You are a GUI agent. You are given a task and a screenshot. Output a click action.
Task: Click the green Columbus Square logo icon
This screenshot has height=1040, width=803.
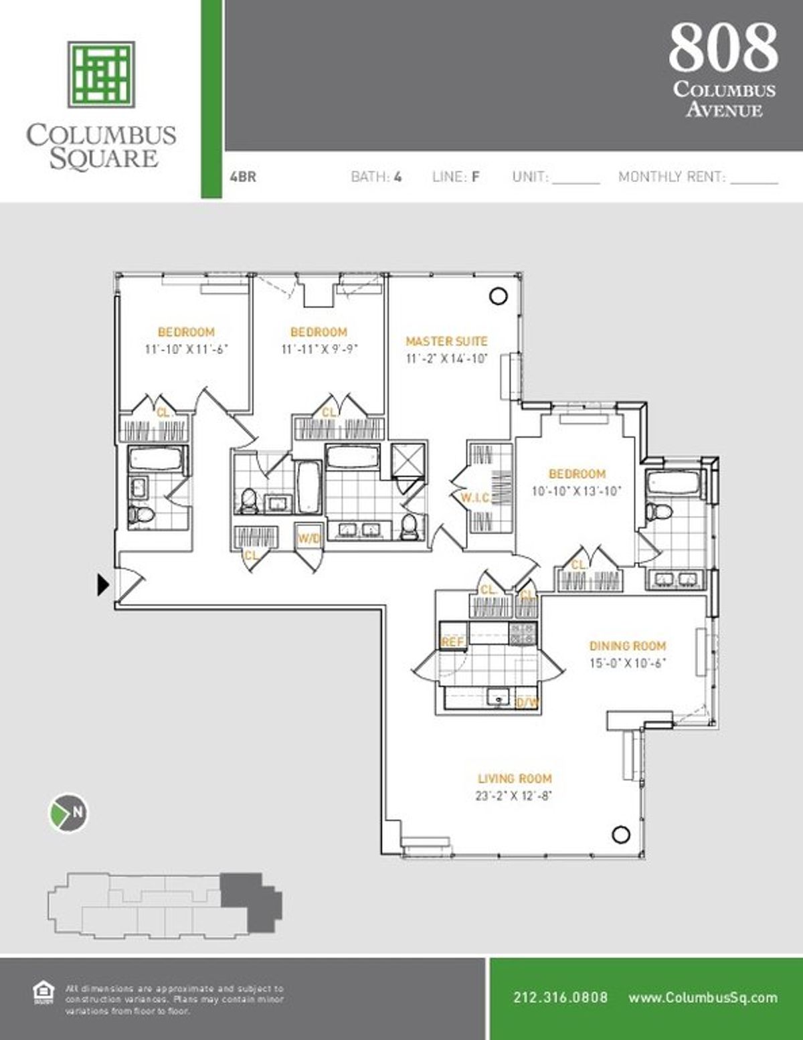pyautogui.click(x=101, y=74)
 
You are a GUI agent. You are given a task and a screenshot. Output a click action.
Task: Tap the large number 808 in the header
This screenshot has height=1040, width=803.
pyautogui.click(x=723, y=47)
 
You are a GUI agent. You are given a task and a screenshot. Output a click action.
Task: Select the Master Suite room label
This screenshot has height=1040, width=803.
pyautogui.click(x=446, y=341)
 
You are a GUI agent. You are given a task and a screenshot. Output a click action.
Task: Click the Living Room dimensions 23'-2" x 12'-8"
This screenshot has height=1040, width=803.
pyautogui.click(x=514, y=796)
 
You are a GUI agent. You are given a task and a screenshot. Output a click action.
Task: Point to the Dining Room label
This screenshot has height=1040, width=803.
pyautogui.click(x=627, y=646)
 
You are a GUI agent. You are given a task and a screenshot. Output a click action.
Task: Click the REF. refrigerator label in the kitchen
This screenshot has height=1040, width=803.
pyautogui.click(x=452, y=642)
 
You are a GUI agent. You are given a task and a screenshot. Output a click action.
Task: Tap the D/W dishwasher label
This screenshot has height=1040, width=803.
pyautogui.click(x=527, y=702)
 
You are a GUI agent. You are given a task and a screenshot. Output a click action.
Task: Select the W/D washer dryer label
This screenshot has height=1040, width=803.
pyautogui.click(x=308, y=539)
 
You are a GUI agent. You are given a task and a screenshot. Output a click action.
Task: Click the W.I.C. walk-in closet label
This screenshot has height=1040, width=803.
pyautogui.click(x=475, y=497)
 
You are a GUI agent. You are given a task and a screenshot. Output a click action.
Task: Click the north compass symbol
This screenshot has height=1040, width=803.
pyautogui.click(x=70, y=812)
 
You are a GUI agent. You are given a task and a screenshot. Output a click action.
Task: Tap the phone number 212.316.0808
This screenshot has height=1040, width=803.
pyautogui.click(x=560, y=997)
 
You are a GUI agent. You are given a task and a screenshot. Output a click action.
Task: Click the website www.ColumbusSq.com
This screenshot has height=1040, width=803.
pyautogui.click(x=703, y=997)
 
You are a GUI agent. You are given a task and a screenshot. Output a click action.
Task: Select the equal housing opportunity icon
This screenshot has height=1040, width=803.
pyautogui.click(x=43, y=992)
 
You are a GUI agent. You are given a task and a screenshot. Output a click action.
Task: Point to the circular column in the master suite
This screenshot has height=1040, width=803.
pyautogui.click(x=498, y=296)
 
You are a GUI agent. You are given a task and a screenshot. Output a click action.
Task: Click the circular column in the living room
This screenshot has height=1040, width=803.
pyautogui.click(x=621, y=834)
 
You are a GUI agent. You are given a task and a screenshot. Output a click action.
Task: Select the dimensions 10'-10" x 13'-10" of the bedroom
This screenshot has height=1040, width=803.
pyautogui.click(x=576, y=491)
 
